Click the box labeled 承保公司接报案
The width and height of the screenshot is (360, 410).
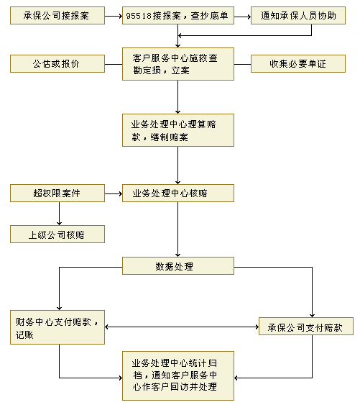click(x=57, y=16)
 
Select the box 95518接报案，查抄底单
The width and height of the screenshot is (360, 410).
click(x=178, y=16)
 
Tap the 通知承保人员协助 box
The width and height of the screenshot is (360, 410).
click(x=298, y=16)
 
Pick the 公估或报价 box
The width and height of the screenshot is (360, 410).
click(x=57, y=64)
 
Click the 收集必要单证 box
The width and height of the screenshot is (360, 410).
click(x=298, y=64)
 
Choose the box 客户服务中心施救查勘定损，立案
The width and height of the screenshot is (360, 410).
click(x=178, y=64)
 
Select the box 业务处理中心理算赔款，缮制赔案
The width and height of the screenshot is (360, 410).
click(x=178, y=130)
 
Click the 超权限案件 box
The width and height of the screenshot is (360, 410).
click(x=57, y=193)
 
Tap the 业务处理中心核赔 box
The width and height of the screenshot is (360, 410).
click(x=178, y=193)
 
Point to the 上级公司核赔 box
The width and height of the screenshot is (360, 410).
click(x=57, y=234)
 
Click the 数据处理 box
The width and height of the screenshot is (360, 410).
click(x=178, y=266)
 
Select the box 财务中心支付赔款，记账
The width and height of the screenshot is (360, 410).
click(x=57, y=327)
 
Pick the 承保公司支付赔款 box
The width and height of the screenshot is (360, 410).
click(x=306, y=327)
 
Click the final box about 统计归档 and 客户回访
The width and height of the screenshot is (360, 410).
click(x=178, y=375)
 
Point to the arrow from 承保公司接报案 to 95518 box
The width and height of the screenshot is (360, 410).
click(x=114, y=17)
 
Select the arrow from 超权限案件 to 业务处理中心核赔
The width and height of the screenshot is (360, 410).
click(x=114, y=193)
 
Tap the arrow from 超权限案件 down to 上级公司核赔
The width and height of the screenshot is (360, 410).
click(x=60, y=214)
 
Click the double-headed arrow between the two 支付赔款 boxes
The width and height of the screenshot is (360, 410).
click(x=182, y=327)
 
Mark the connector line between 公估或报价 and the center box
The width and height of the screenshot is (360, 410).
click(x=114, y=64)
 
